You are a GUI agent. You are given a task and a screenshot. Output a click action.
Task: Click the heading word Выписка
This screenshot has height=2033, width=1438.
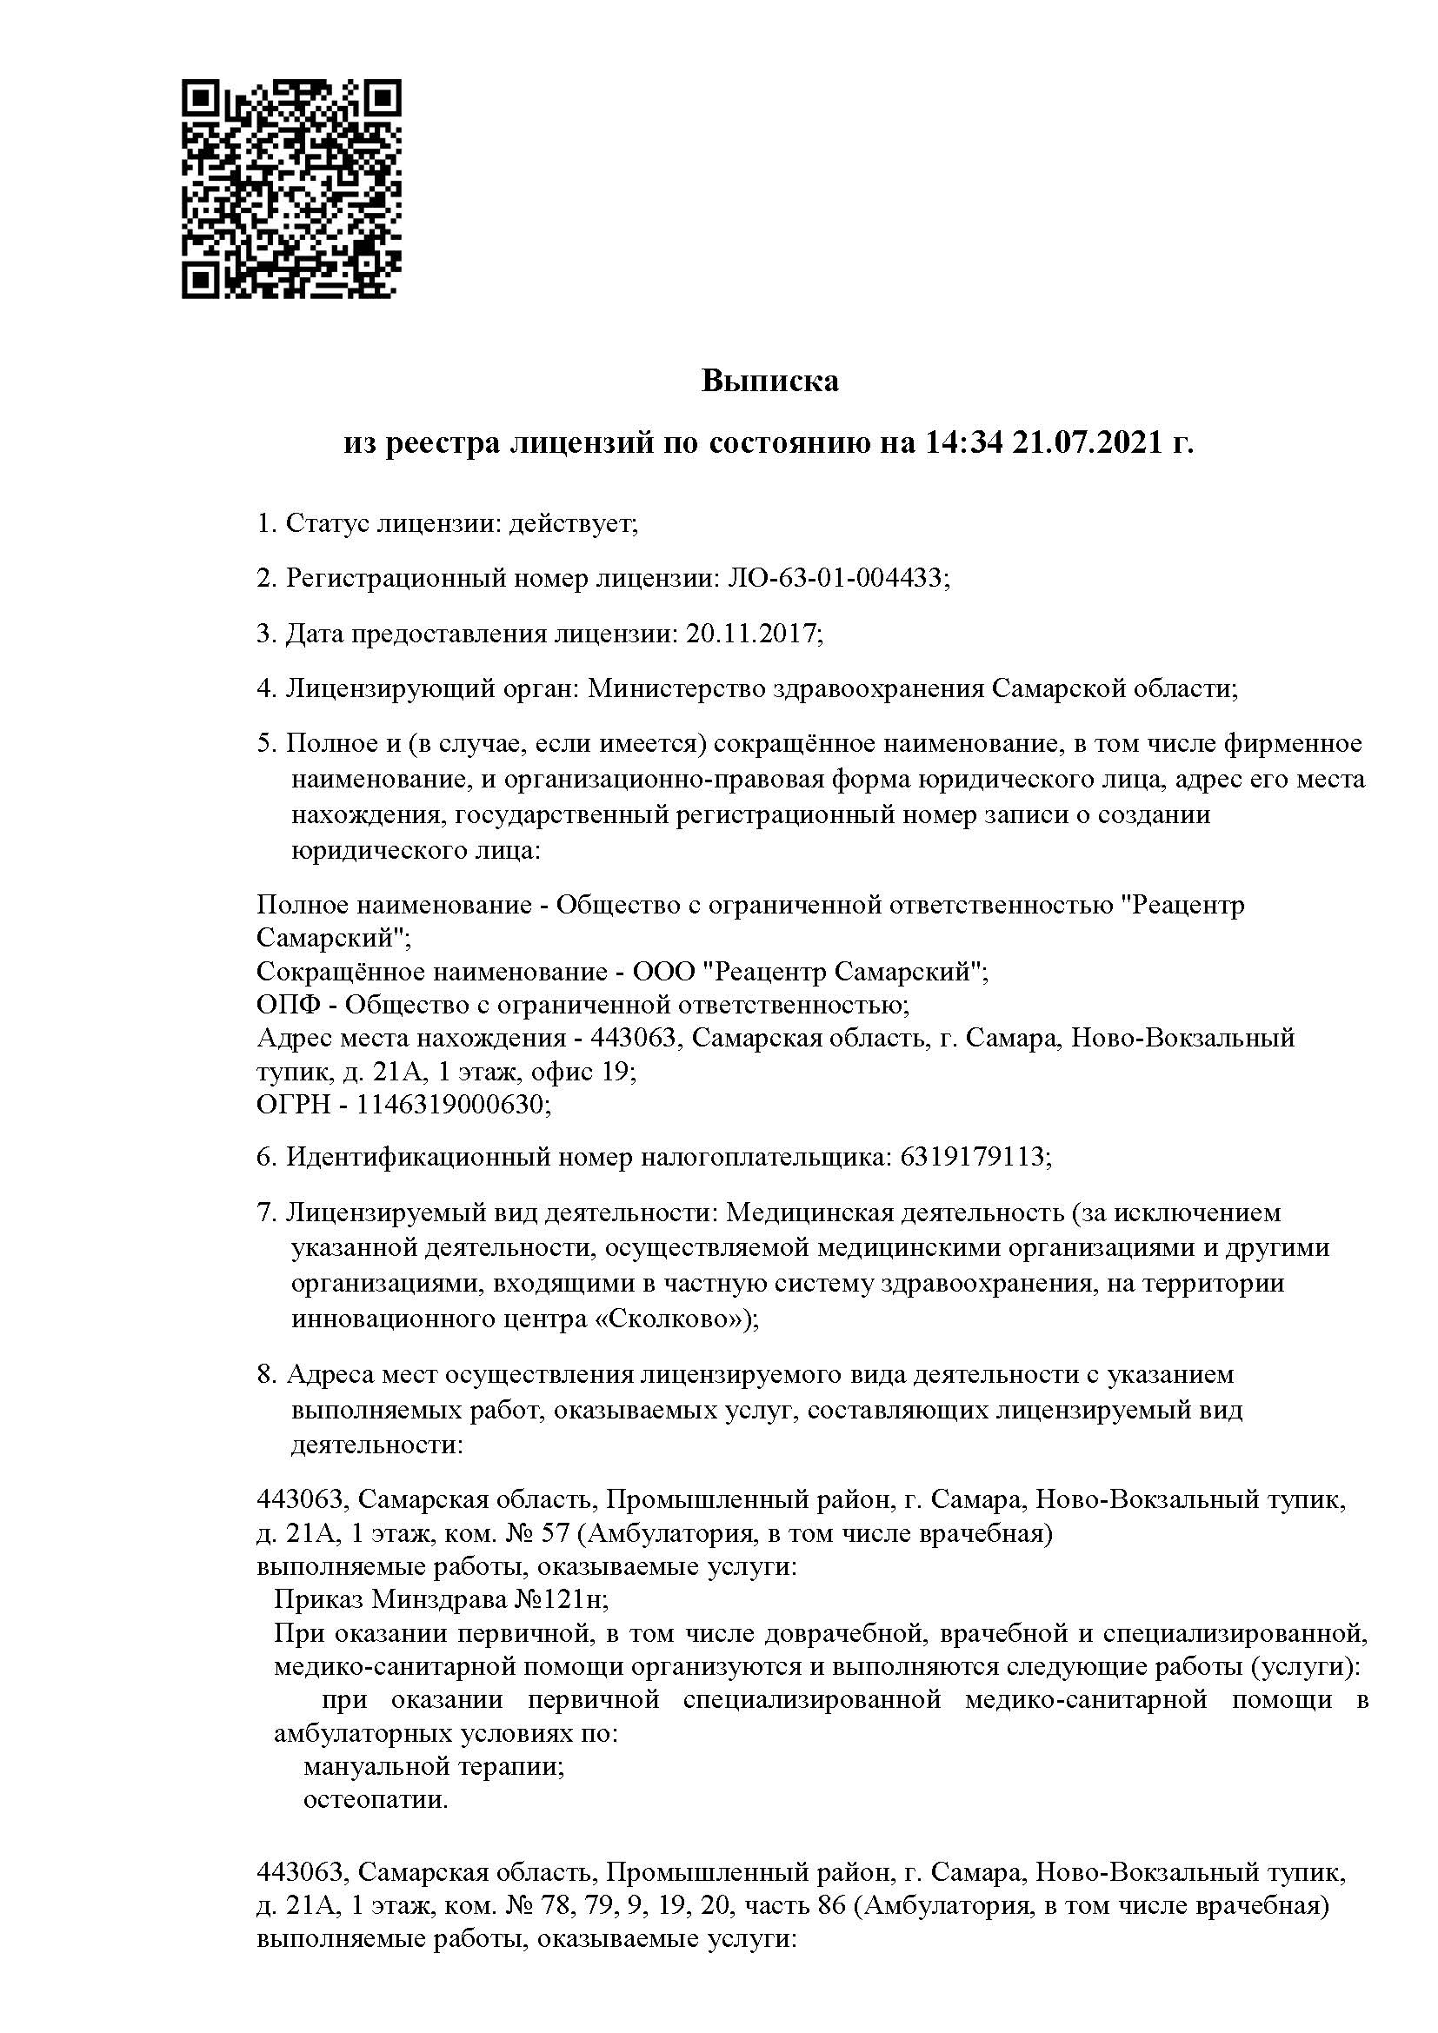click(x=769, y=381)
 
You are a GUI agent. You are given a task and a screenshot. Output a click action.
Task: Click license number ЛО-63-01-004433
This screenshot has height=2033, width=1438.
click(x=835, y=579)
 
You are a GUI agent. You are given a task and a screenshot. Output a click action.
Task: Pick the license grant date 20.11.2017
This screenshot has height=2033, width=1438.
click(x=753, y=634)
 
